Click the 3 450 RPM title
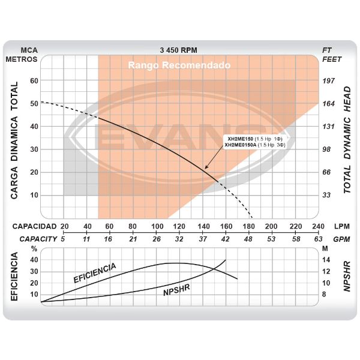(179, 50)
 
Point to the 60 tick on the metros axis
(34, 80)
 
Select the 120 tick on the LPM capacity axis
(179, 226)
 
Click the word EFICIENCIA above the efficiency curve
(94, 272)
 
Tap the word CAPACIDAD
(34, 226)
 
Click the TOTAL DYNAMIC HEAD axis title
(347, 137)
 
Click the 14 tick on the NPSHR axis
(326, 260)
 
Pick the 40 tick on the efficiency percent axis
(34, 260)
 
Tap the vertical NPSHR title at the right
(347, 277)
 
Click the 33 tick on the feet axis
(328, 195)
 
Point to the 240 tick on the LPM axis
(317, 226)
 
